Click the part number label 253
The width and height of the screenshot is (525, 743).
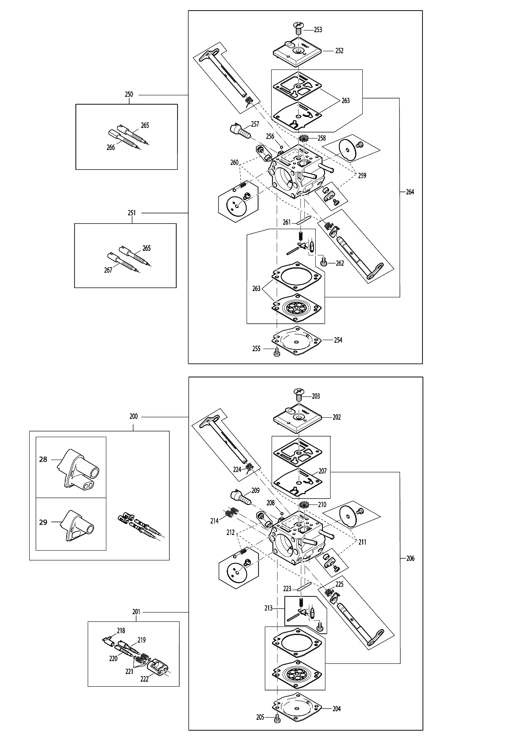click(318, 30)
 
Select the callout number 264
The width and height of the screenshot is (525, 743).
click(410, 192)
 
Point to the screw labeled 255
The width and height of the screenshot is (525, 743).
click(277, 352)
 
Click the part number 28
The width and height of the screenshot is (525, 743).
click(43, 459)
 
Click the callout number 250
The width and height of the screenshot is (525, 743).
click(129, 94)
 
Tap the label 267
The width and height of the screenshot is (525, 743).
click(108, 270)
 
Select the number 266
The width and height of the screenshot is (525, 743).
click(111, 147)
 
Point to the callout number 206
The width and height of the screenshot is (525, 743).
click(410, 558)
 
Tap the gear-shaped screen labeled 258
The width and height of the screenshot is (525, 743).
click(303, 138)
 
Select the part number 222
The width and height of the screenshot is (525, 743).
click(144, 678)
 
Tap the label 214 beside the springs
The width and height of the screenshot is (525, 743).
click(214, 521)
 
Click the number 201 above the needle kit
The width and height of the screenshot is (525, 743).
click(136, 612)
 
